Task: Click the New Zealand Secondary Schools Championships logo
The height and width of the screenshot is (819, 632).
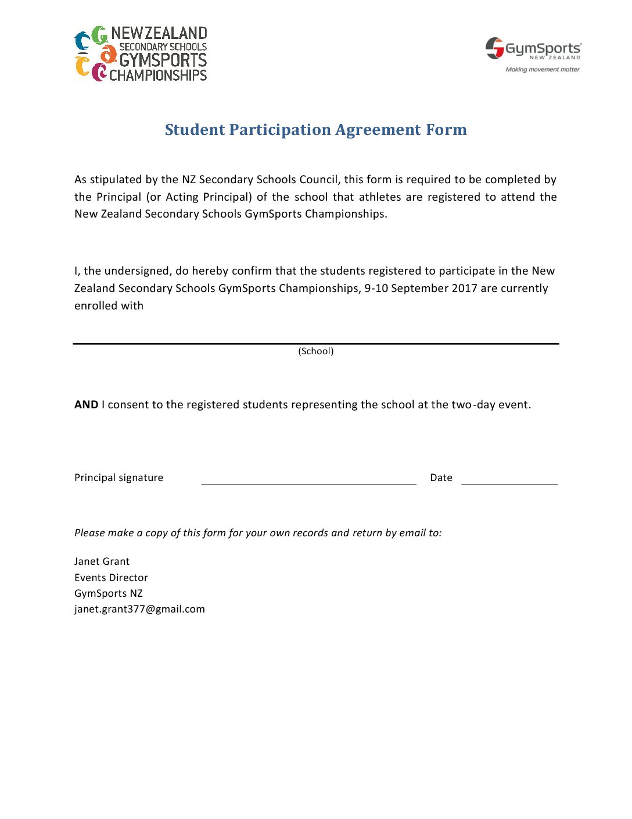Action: [x=141, y=54]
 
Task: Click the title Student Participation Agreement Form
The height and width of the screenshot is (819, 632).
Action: [x=315, y=130]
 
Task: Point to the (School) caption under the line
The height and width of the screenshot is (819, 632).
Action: [x=315, y=351]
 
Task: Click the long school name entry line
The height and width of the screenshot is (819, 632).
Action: [x=315, y=343]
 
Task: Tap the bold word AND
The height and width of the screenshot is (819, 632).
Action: [x=86, y=405]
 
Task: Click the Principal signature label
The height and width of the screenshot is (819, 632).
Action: [x=119, y=478]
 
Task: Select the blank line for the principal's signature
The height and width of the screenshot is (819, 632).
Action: [x=308, y=483]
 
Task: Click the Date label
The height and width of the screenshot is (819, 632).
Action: [x=441, y=478]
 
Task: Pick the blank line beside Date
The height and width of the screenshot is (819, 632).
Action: [x=509, y=483]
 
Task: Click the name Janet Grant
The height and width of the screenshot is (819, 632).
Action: [x=102, y=561]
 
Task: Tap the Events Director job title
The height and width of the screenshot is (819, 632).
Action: [x=111, y=578]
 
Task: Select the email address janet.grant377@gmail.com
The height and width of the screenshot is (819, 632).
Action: [x=139, y=609]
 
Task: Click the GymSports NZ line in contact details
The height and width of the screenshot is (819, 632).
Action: [x=108, y=593]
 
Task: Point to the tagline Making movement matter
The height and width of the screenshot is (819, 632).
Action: [x=543, y=69]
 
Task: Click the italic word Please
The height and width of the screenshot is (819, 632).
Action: [x=89, y=533]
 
